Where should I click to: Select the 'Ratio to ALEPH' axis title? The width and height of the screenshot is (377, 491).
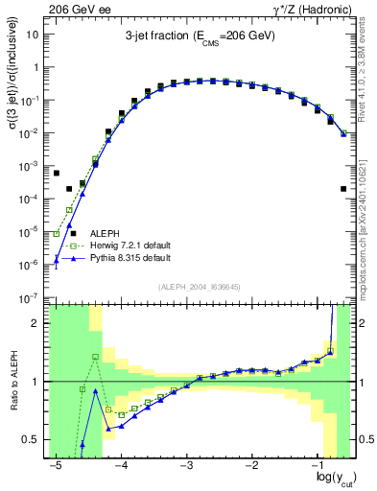point(11,381)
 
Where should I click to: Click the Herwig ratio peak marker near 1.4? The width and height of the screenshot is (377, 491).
point(95,357)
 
